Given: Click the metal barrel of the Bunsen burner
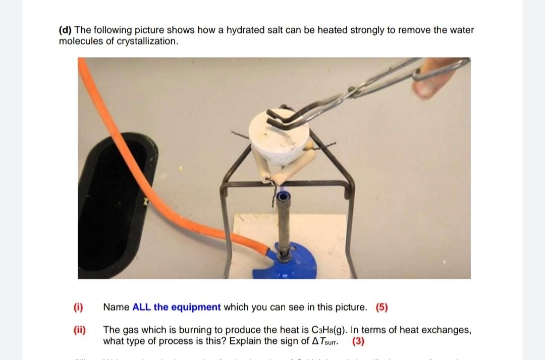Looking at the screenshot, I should [x=284, y=222].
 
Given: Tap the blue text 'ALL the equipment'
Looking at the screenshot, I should [x=176, y=307].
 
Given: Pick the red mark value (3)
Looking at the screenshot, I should [x=358, y=341].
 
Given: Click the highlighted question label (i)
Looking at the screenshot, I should [x=78, y=307].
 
